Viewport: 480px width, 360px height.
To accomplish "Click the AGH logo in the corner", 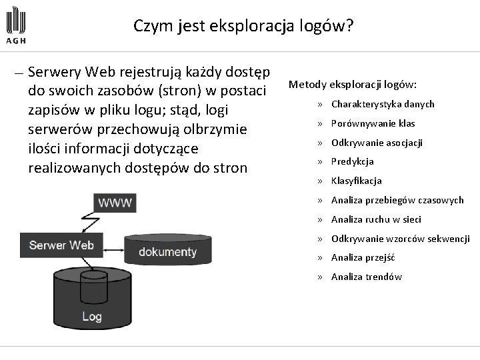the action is pyautogui.click(x=17, y=26).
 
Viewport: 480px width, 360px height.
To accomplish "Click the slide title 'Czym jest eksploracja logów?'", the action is pyautogui.click(x=243, y=26).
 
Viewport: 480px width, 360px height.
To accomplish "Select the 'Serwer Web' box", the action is pyautogui.click(x=61, y=245).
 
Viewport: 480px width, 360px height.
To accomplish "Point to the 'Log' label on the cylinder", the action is pyautogui.click(x=92, y=316).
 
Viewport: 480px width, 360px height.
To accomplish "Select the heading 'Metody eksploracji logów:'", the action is pyautogui.click(x=353, y=85).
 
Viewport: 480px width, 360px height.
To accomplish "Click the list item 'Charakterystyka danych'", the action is pyautogui.click(x=383, y=104).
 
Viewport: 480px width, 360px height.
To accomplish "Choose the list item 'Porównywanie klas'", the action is pyautogui.click(x=373, y=123).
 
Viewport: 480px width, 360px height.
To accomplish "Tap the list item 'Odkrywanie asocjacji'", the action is pyautogui.click(x=377, y=143).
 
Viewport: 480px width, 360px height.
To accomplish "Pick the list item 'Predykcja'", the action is pyautogui.click(x=352, y=161).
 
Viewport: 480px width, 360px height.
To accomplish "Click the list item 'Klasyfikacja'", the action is pyautogui.click(x=356, y=181).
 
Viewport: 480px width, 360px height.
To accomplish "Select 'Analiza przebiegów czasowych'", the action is pyautogui.click(x=397, y=200).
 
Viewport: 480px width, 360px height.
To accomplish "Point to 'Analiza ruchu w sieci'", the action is pyautogui.click(x=376, y=219).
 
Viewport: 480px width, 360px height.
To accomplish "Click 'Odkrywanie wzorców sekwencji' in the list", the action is pyautogui.click(x=400, y=239).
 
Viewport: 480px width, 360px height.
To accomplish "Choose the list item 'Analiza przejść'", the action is pyautogui.click(x=363, y=257).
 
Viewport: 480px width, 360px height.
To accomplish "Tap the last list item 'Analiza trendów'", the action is pyautogui.click(x=366, y=277).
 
